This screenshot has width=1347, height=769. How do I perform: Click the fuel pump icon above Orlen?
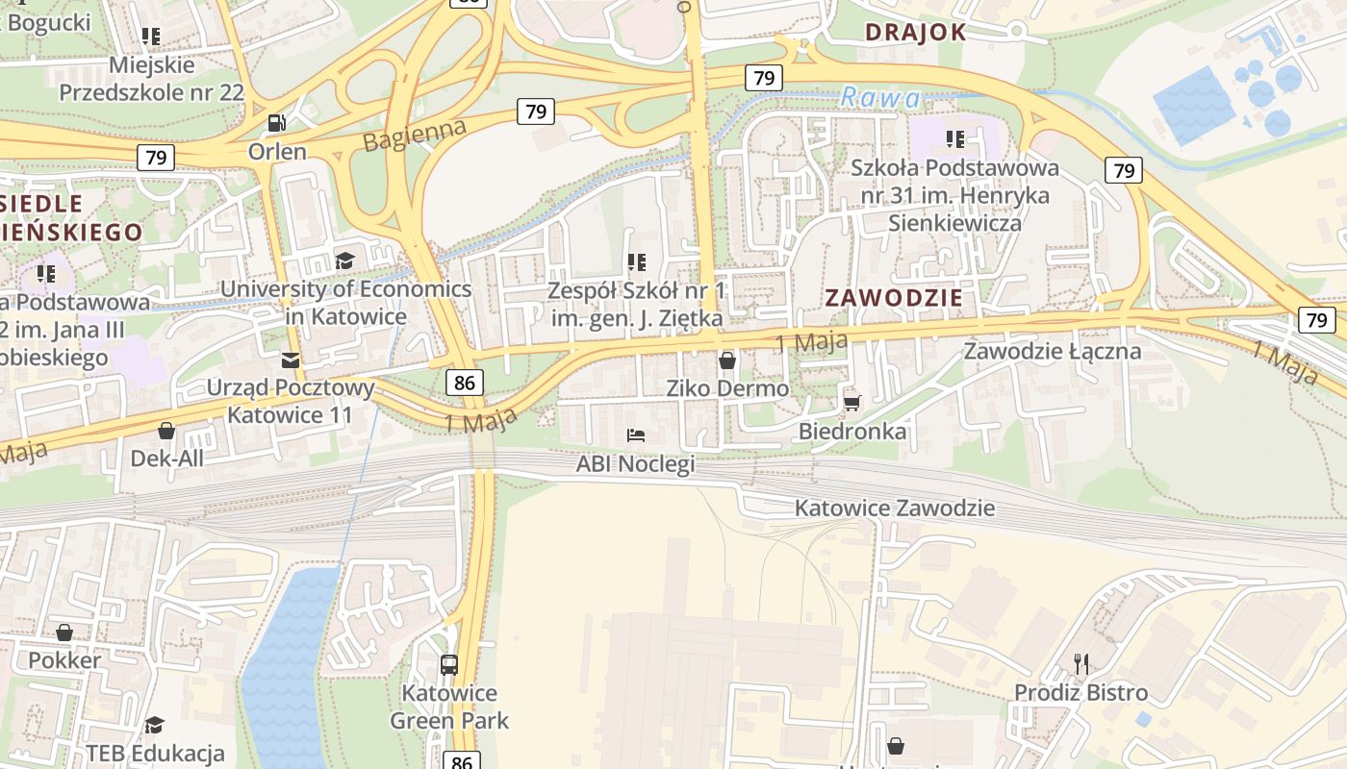276,123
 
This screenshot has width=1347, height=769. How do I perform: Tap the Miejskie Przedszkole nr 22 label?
151,79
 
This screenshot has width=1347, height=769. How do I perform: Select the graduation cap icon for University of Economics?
344,260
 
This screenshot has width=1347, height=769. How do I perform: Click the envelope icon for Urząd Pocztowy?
290,360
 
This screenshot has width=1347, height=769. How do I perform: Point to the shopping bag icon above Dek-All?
166,431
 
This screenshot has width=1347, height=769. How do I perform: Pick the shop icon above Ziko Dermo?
727,360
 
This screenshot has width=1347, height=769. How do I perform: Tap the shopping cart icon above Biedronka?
851,403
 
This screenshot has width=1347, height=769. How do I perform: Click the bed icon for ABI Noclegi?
635,435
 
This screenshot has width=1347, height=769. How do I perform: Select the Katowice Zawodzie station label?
894,508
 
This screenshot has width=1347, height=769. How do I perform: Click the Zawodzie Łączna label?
1053,351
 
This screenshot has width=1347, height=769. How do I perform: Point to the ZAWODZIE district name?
893,298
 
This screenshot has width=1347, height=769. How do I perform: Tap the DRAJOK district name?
915,32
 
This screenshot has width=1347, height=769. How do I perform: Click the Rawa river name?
879,97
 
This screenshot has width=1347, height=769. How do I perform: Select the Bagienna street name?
415,135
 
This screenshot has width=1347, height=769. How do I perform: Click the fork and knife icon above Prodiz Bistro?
1081,663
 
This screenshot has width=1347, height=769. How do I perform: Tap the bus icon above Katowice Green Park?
448,664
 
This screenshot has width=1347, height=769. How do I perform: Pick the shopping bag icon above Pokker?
64,633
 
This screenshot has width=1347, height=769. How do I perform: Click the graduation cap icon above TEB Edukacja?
154,725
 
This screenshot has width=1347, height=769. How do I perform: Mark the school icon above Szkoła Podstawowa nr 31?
954,139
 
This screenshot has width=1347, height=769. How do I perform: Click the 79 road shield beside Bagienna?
536,112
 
